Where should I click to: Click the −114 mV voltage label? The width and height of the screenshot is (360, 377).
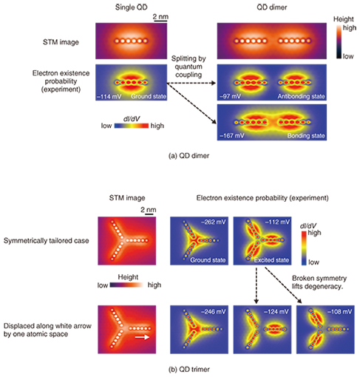(109, 96)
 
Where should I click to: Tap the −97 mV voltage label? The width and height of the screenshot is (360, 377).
(230, 96)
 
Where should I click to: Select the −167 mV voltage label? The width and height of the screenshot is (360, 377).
(232, 136)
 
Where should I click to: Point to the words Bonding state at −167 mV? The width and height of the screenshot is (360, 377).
(306, 136)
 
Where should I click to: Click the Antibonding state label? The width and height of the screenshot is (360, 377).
(301, 96)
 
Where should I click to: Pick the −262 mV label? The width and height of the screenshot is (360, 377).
(214, 222)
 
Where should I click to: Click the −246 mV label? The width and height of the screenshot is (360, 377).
(214, 312)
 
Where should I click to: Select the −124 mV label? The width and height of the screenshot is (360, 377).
(276, 312)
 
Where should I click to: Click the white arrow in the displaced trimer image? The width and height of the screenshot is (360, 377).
(143, 337)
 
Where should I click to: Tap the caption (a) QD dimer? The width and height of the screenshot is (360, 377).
(189, 156)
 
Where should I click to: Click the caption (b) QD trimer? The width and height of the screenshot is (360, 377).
(189, 370)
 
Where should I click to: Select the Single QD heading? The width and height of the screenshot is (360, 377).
(132, 7)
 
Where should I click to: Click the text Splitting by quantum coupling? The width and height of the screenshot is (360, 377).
(189, 67)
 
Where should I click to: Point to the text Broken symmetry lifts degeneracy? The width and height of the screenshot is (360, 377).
(319, 282)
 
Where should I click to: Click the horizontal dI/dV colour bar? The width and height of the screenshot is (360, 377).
(132, 126)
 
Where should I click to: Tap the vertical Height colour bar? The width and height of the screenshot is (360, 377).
(339, 41)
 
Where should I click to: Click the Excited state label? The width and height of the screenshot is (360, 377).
(271, 260)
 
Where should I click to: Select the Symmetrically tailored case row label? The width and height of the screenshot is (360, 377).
(47, 241)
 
